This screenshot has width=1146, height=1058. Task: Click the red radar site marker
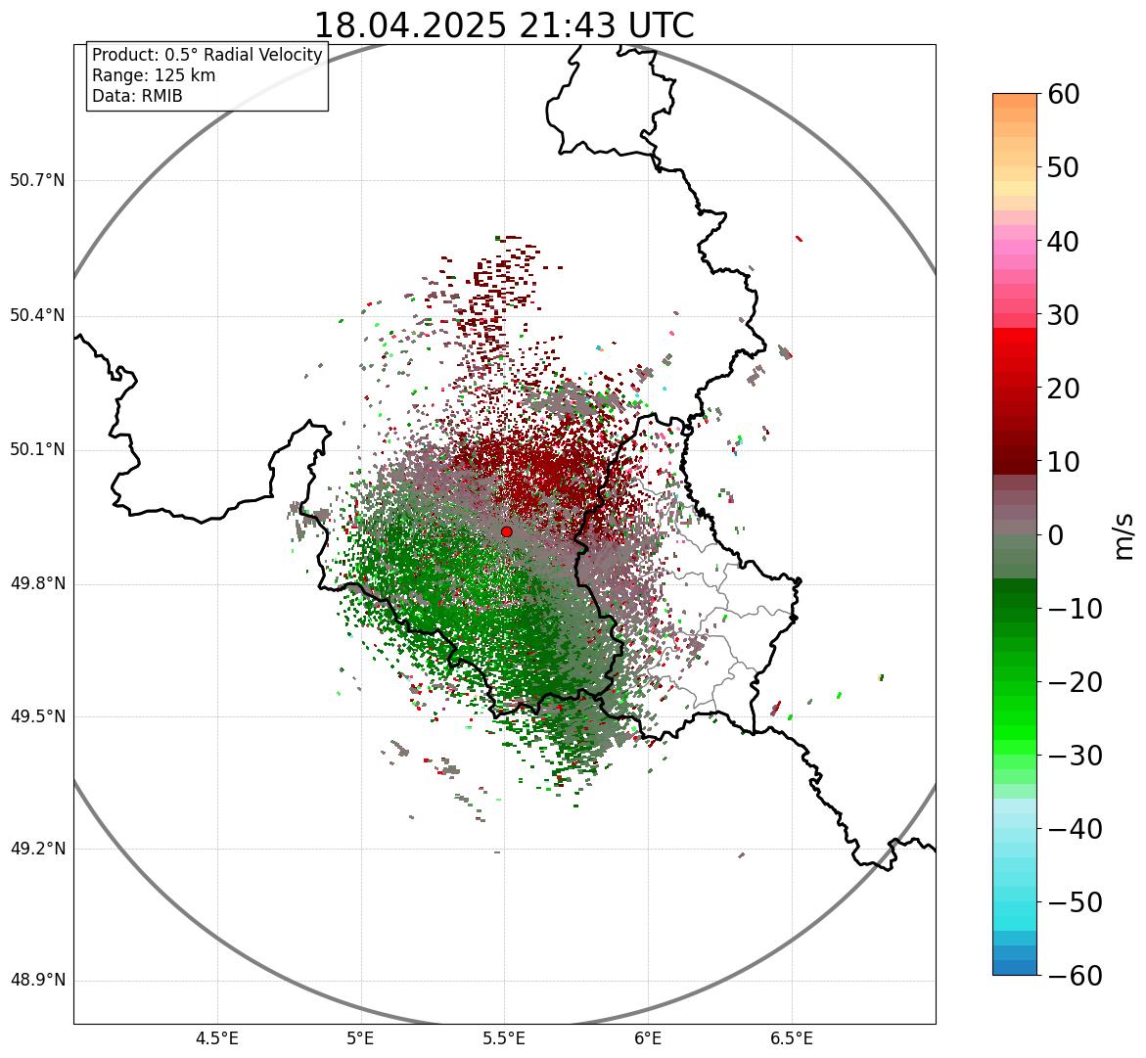[506, 531]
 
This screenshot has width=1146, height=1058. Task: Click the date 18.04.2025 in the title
[410, 25]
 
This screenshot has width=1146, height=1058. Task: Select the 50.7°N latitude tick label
[37, 180]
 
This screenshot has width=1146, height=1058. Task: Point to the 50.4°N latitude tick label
[37, 315]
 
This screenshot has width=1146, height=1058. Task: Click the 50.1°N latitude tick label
[37, 450]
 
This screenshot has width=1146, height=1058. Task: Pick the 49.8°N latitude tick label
[37, 584]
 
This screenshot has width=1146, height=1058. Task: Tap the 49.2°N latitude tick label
[37, 849]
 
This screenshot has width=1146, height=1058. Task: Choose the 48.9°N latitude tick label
[37, 981]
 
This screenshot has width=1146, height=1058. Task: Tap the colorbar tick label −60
[1075, 976]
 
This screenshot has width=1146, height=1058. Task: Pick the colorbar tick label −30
[1075, 756]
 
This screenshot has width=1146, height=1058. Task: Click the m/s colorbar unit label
[1124, 535]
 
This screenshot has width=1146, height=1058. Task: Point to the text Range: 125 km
[154, 75]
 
